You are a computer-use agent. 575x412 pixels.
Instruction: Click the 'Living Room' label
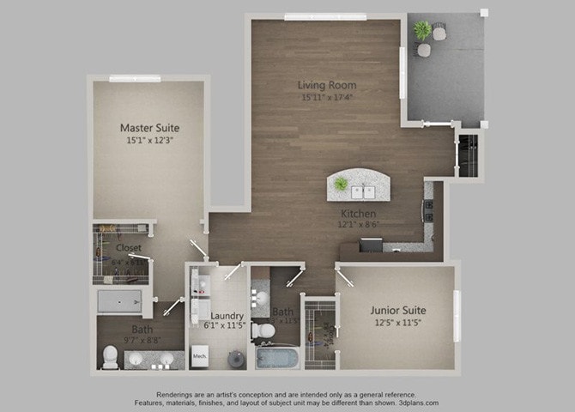click(x=327, y=85)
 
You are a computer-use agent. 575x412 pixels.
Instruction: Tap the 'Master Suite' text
click(x=149, y=129)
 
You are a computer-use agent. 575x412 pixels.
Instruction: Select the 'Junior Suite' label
click(x=398, y=310)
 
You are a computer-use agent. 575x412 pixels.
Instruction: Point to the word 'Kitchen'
click(x=358, y=212)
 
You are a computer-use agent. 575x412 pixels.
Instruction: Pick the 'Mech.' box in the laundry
click(x=199, y=354)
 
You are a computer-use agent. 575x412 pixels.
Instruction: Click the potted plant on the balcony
click(x=421, y=31)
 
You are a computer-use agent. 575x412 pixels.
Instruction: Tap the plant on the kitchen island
click(x=342, y=184)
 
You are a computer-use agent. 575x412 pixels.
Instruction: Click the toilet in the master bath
click(x=110, y=355)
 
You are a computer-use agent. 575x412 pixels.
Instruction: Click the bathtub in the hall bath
click(x=276, y=357)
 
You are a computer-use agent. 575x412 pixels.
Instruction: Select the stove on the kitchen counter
click(x=427, y=210)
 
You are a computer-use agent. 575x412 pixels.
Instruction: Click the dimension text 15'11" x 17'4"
click(x=327, y=97)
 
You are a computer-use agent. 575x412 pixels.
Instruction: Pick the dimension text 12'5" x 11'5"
click(x=398, y=323)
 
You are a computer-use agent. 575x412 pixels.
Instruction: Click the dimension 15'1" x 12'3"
click(x=149, y=141)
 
